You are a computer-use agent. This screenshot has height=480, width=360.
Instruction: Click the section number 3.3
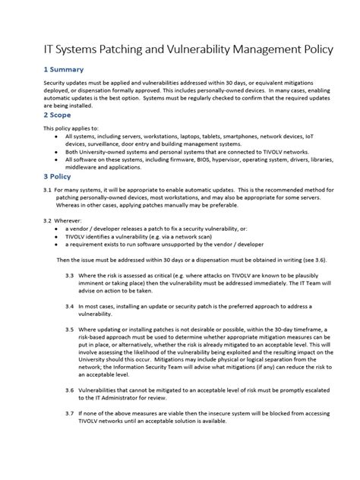69,274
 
